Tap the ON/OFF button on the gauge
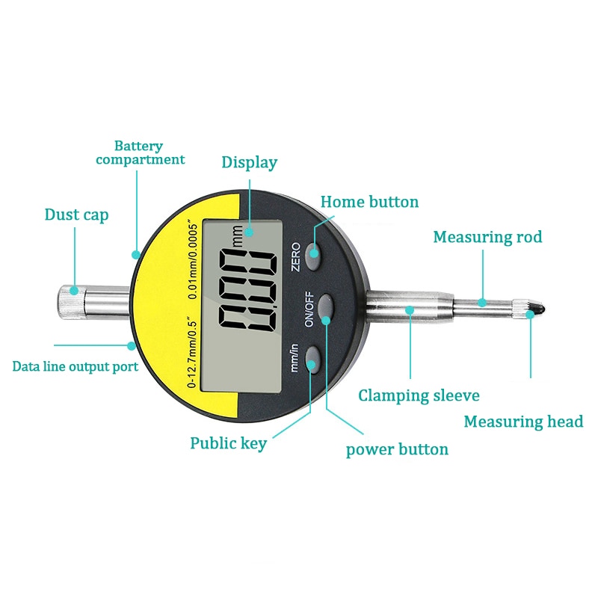[x=326, y=307]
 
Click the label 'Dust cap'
[x=76, y=215]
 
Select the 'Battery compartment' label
[x=140, y=152]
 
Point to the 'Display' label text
[x=249, y=162]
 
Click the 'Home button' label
[x=369, y=202]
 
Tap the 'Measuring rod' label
[x=487, y=238]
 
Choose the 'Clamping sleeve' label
[x=419, y=395]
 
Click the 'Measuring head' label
[x=523, y=422]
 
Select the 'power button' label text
[x=397, y=449]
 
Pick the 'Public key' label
[x=228, y=443]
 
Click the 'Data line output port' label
[x=75, y=367]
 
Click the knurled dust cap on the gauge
[x=69, y=299]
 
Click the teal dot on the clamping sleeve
[x=409, y=309]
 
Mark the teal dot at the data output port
[x=132, y=345]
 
